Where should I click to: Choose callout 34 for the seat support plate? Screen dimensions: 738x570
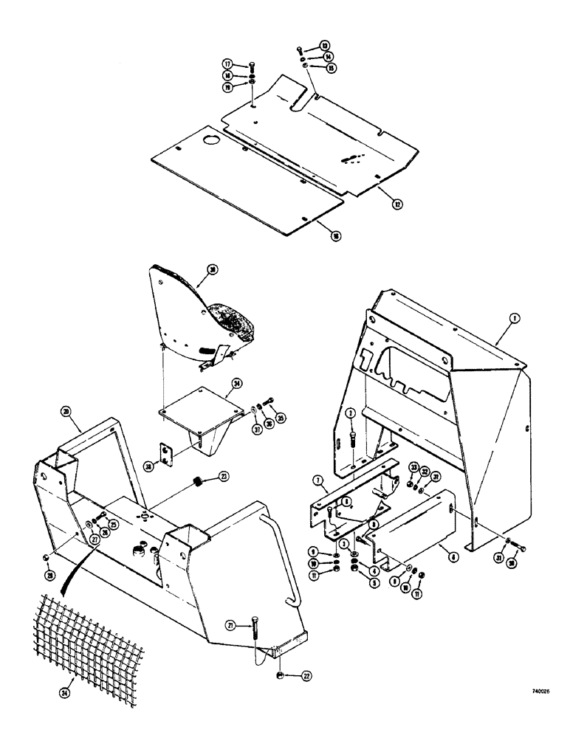click(236, 384)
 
